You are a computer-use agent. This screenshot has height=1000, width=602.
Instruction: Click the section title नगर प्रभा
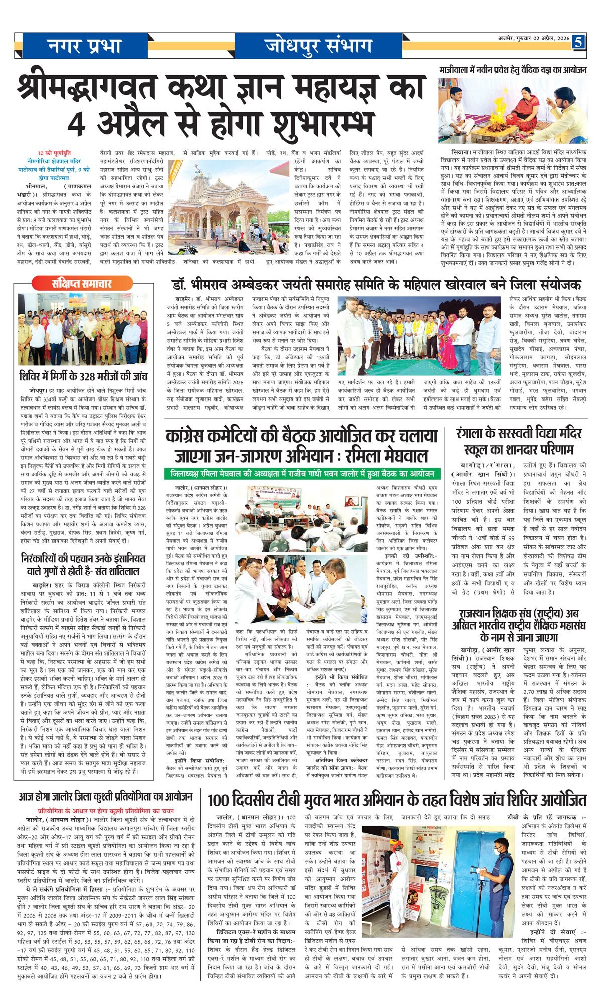pyautogui.click(x=84, y=46)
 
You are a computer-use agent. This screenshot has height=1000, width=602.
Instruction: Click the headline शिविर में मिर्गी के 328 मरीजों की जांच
pyautogui.click(x=84, y=375)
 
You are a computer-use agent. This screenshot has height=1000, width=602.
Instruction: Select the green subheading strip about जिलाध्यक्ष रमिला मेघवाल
pyautogui.click(x=302, y=473)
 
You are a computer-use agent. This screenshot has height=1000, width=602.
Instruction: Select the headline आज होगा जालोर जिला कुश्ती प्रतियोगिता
pyautogui.click(x=105, y=796)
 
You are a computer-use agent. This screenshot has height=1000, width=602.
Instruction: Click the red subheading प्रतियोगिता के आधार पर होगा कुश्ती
pyautogui.click(x=105, y=810)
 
